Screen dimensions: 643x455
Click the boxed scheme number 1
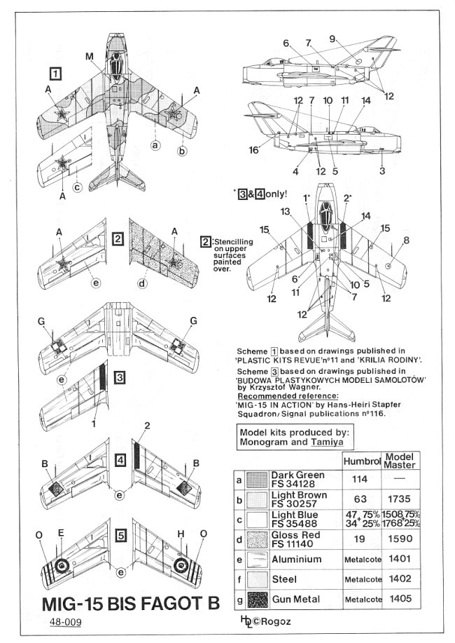[x=55, y=72]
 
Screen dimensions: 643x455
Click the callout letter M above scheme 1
[x=89, y=56]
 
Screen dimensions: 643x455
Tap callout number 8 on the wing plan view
[x=406, y=242]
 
